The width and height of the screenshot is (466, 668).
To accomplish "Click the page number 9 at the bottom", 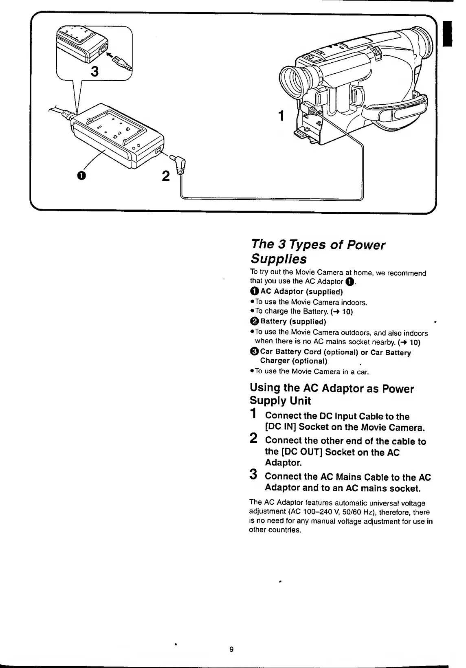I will click(231, 649).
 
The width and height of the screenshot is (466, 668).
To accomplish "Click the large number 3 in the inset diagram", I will click(95, 71).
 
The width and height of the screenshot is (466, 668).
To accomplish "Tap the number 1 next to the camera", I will click(281, 116).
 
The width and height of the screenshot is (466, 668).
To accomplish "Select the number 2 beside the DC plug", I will click(165, 176).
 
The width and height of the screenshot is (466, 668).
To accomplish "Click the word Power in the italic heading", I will click(366, 245).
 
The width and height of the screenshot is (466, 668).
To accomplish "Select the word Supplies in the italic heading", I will click(278, 259).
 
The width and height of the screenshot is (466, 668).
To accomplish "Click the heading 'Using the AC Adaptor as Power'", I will click(332, 389).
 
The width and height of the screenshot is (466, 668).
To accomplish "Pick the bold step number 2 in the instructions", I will click(253, 439).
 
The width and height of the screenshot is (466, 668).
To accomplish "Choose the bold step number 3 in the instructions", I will click(253, 475).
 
